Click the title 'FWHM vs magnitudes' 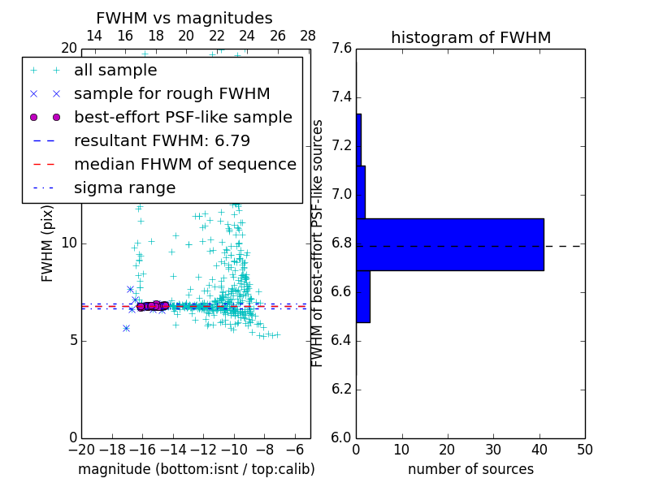click(184, 18)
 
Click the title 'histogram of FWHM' click(470, 37)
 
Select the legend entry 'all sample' click(115, 71)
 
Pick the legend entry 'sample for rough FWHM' click(171, 94)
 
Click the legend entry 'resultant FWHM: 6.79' click(162, 141)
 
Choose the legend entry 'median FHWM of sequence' click(184, 165)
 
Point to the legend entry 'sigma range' click(124, 188)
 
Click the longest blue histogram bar click(449, 244)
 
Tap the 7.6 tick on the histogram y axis click(342, 49)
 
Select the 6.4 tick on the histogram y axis click(342, 341)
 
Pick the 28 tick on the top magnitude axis click(308, 36)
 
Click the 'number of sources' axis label click(470, 469)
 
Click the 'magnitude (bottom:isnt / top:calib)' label click(196, 469)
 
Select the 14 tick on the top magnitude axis click(94, 36)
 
